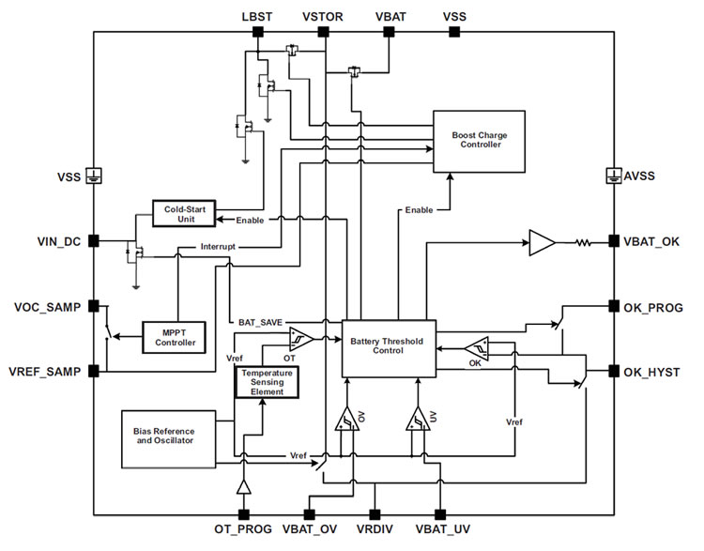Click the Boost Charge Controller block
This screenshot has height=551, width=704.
pos(479,142)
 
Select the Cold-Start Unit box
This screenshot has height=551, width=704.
pos(184,214)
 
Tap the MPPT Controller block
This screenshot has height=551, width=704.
pos(175,338)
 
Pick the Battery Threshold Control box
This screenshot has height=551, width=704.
pos(389,348)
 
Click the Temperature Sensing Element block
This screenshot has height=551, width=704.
pos(268,382)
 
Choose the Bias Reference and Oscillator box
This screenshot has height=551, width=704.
pos(169,439)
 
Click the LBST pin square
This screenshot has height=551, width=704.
pos(258,32)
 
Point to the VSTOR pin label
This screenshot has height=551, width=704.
pos(322,17)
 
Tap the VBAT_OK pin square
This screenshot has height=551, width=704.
pos(614,241)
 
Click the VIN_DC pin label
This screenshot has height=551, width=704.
pos(59,241)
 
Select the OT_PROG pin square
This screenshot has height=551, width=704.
pos(244,514)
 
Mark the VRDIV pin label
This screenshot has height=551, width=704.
pos(375,529)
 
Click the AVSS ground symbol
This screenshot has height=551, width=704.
pos(614,176)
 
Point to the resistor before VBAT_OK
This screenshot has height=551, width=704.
pos(583,242)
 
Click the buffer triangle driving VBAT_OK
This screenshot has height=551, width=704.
pos(542,242)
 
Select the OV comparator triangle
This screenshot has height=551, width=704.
pos(347,420)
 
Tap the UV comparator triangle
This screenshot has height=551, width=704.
pos(418,420)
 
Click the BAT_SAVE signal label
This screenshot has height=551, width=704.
pos(260,322)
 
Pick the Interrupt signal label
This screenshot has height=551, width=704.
pos(218,247)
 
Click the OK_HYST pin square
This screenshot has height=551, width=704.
pos(614,372)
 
